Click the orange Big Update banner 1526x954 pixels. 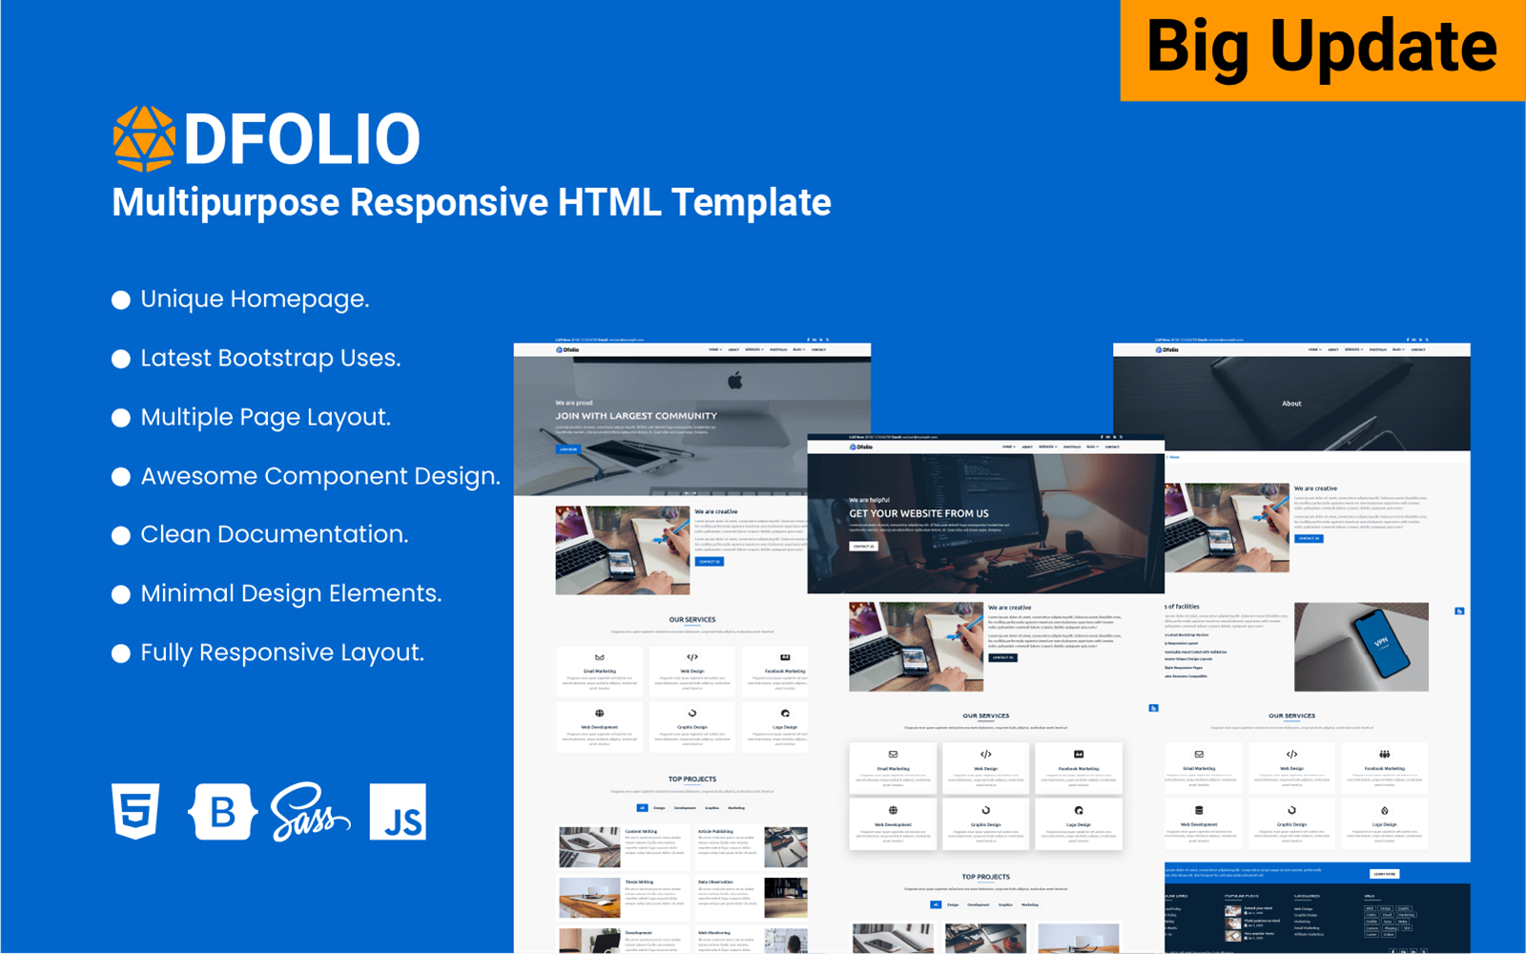1322,50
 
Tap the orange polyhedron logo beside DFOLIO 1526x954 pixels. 144,139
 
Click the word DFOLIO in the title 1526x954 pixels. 301,139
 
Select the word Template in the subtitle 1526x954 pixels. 751,202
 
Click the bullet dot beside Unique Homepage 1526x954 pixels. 121,300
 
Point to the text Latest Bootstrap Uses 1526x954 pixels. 271,358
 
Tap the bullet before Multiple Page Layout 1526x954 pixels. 121,418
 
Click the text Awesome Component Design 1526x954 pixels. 320,476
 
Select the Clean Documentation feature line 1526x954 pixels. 275,534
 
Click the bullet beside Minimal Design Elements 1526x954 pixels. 121,594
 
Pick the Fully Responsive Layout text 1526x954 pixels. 282,653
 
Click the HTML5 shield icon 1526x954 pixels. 135,811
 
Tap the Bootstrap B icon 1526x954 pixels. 222,812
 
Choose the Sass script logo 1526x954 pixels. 309,813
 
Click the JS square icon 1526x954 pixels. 398,813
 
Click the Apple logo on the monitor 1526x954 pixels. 734,382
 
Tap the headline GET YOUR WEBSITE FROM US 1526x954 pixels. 918,513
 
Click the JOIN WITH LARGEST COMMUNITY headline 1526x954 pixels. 636,416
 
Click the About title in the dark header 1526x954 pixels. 1291,404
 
